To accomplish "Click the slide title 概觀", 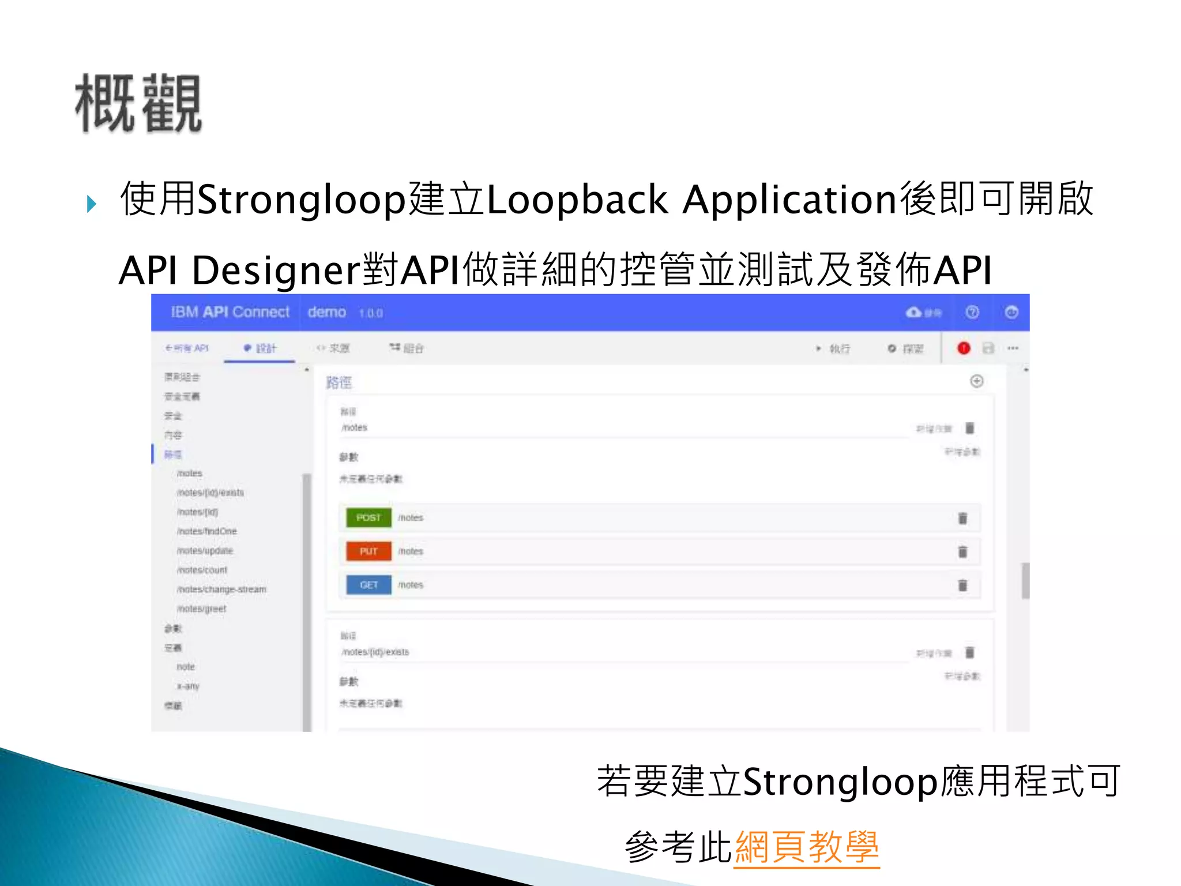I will click(138, 104).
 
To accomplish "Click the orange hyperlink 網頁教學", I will click(807, 847).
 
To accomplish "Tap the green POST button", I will click(368, 517).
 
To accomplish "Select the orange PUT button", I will click(368, 551).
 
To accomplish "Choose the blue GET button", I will click(368, 585).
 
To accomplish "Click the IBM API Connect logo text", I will click(230, 312).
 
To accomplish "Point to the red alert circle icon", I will click(964, 348).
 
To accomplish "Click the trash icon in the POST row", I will click(962, 518).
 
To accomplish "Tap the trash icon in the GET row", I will click(962, 585).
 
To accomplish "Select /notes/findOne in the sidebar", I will click(206, 531).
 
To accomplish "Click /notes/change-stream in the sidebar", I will click(221, 590).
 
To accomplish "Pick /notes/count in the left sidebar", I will click(202, 570).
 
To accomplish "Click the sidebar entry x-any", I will click(188, 686).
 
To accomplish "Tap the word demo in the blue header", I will click(326, 312).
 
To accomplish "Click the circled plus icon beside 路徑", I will click(976, 381).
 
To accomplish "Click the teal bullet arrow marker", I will click(91, 204).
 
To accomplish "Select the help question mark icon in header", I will click(972, 312).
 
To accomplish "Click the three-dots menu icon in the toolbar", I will click(1013, 348).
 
